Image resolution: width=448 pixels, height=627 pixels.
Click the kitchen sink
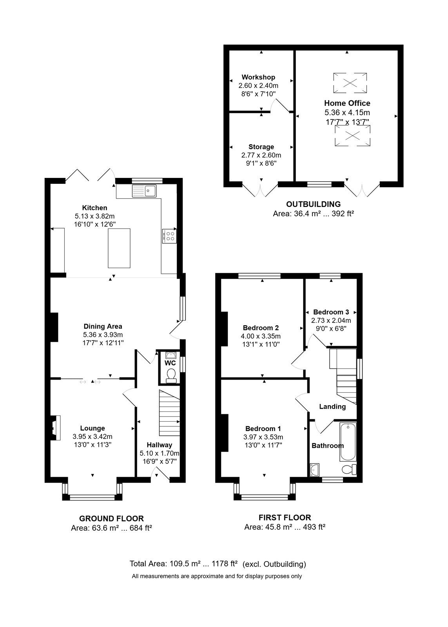pyautogui.click(x=144, y=191)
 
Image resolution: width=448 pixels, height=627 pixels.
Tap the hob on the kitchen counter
pyautogui.click(x=169, y=236)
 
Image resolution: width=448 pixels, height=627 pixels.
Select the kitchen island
pyautogui.click(x=119, y=248)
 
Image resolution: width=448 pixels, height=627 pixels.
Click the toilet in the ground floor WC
pyautogui.click(x=170, y=375)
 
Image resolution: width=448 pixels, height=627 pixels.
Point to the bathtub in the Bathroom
pyautogui.click(x=348, y=442)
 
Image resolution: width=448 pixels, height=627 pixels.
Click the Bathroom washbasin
pyautogui.click(x=315, y=469)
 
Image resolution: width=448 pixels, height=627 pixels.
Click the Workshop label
pyautogui.click(x=258, y=77)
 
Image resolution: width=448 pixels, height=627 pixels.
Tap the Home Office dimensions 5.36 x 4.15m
pyautogui.click(x=347, y=112)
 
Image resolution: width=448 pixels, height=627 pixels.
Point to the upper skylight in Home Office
pyautogui.click(x=350, y=83)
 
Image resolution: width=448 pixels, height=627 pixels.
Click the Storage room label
pyautogui.click(x=261, y=147)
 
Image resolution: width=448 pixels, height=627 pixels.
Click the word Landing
pyautogui.click(x=332, y=406)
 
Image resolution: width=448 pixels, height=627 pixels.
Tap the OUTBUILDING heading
pyautogui.click(x=313, y=204)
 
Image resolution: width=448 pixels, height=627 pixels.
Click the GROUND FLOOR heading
pyautogui.click(x=111, y=518)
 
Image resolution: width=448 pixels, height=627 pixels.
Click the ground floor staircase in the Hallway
pyautogui.click(x=169, y=413)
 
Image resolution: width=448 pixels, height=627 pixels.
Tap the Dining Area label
pyautogui.click(x=103, y=326)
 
